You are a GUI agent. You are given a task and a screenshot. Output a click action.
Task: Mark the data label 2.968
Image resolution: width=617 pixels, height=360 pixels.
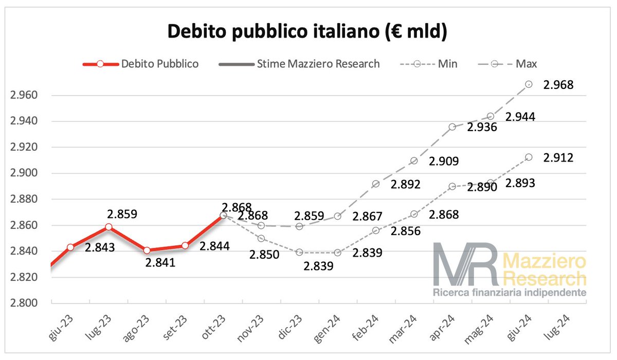coord(558,85)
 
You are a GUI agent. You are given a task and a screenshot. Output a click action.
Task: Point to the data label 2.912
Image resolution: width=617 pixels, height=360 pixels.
coord(558,157)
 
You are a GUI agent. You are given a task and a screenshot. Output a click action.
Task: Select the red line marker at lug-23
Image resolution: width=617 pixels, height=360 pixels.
coord(108,227)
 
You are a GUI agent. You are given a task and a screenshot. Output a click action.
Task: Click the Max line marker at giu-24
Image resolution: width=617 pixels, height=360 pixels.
coord(529,84)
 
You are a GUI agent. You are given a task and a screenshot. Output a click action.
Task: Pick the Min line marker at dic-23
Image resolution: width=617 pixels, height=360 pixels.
coord(299,253)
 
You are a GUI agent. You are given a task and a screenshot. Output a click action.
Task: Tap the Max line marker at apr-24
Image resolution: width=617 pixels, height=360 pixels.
coord(452,127)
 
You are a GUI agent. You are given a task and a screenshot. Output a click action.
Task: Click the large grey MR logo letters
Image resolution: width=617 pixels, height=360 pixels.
coord(465,265)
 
